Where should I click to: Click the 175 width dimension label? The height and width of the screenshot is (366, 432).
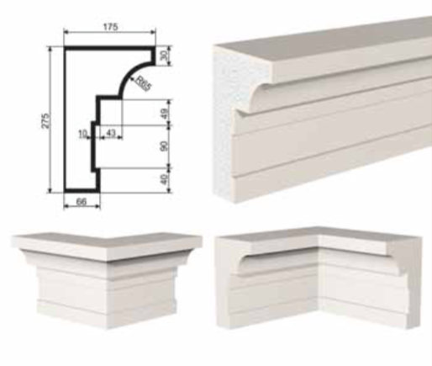[111, 27]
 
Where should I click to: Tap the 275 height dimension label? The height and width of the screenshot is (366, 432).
[46, 121]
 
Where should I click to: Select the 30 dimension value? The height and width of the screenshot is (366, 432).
[165, 56]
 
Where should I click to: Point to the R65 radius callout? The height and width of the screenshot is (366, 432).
[143, 83]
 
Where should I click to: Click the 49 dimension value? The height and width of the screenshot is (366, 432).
[165, 114]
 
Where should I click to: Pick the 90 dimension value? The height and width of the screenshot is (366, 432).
[165, 146]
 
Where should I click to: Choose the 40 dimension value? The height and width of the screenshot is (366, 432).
[165, 179]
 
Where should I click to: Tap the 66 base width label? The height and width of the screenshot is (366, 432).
[82, 202]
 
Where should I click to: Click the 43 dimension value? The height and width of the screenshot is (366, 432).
[111, 133]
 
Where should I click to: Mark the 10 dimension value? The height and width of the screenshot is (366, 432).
[82, 135]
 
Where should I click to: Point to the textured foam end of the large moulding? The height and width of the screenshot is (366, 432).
[228, 124]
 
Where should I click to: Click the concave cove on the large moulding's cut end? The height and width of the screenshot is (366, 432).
[256, 94]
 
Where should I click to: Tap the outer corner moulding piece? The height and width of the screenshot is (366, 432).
[107, 279]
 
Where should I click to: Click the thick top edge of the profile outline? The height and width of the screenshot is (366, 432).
[109, 49]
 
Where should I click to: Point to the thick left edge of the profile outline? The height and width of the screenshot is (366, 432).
[66, 120]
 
